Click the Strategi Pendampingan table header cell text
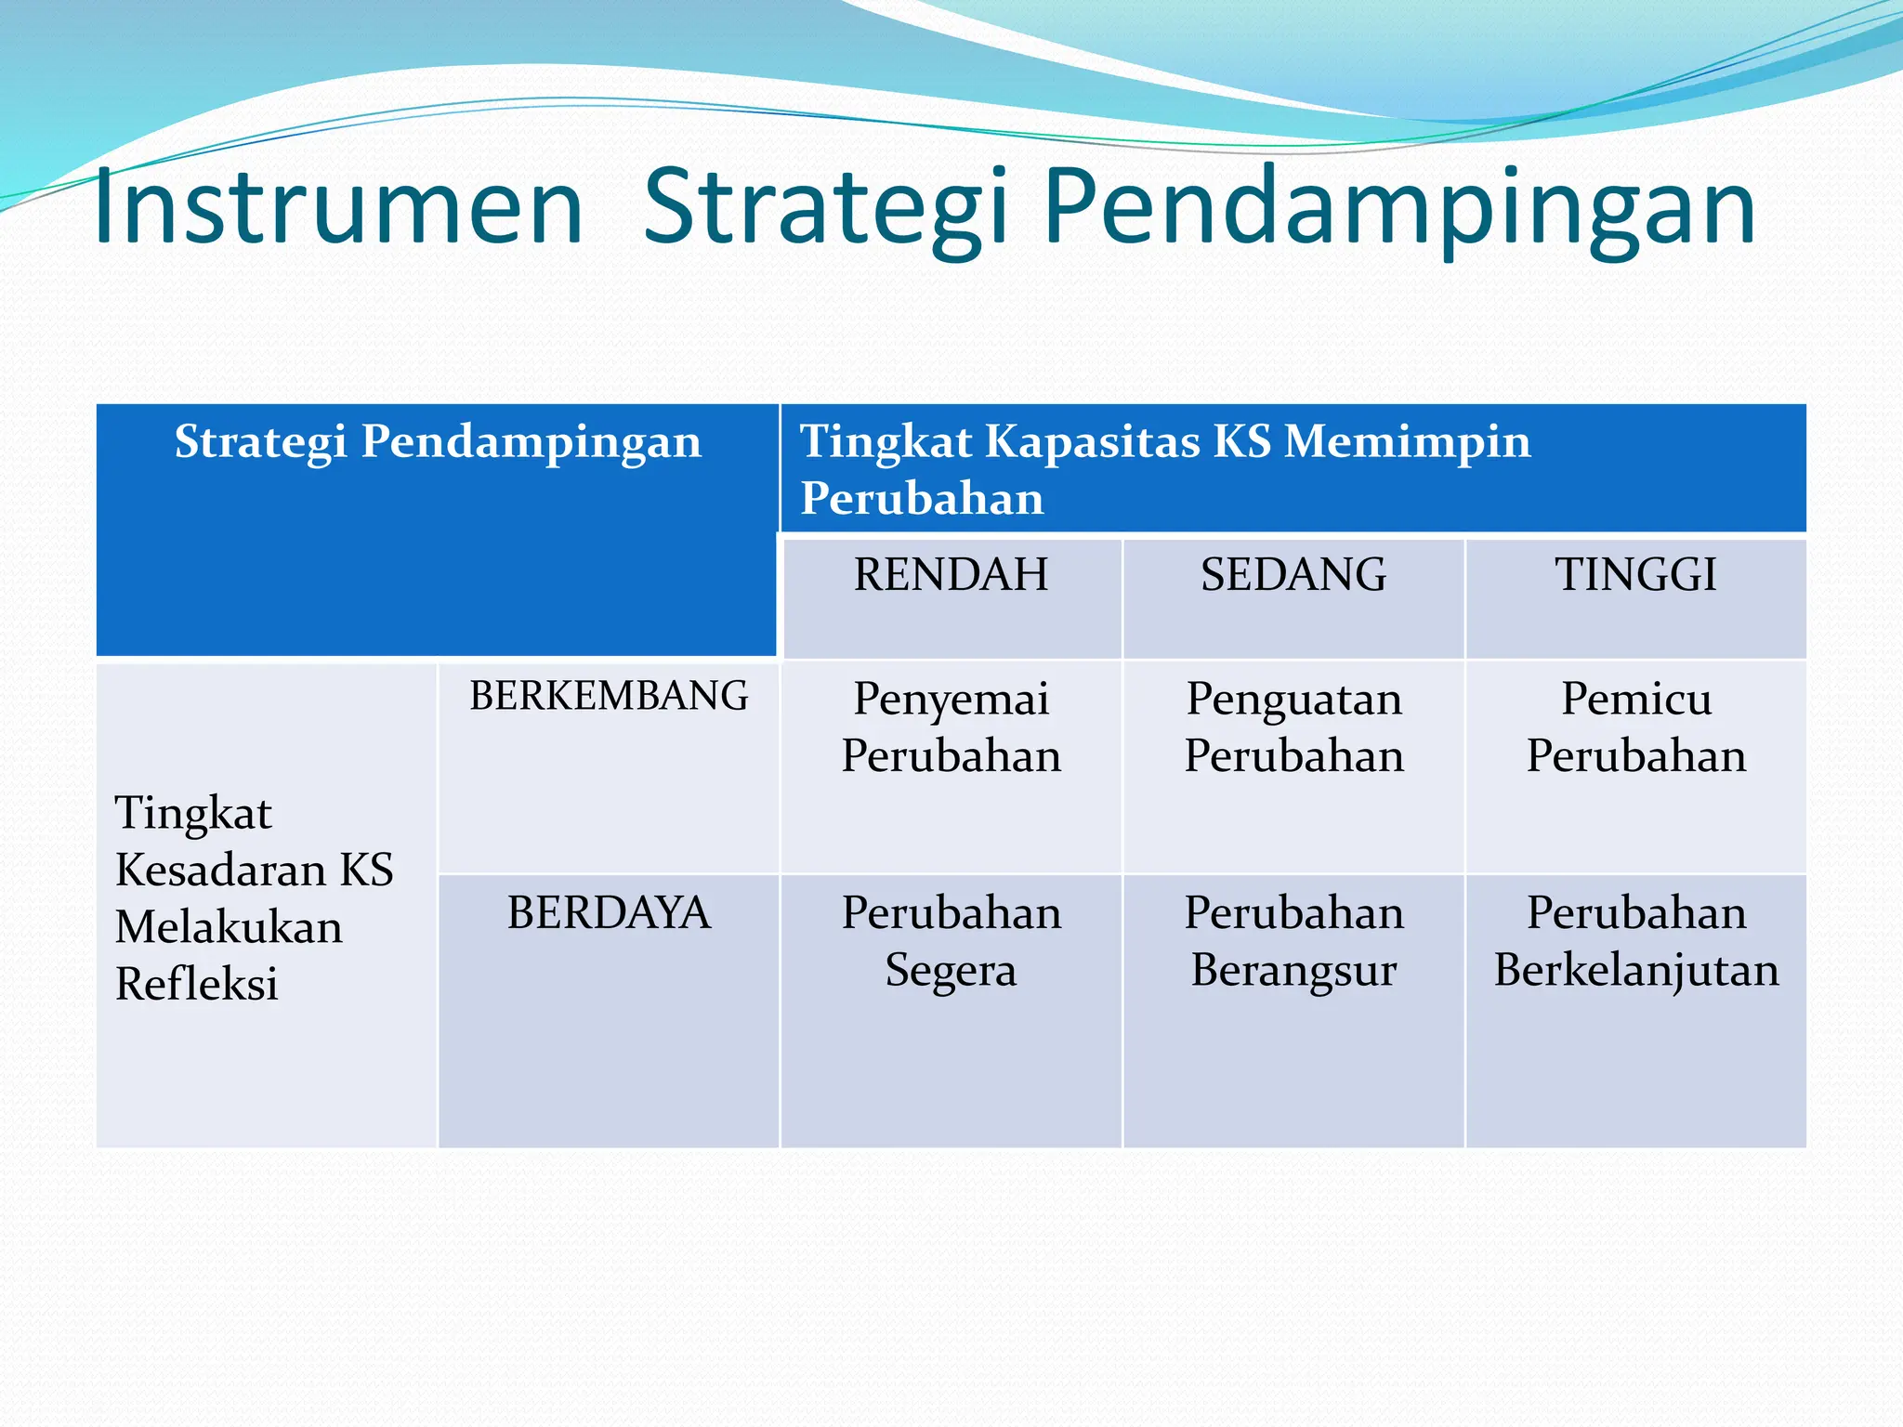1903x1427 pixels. pyautogui.click(x=438, y=441)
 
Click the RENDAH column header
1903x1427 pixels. pyautogui.click(x=951, y=575)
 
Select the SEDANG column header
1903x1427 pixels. pyautogui.click(x=1293, y=575)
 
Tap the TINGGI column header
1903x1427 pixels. pyautogui.click(x=1635, y=575)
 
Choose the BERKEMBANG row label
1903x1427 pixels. pyautogui.click(x=609, y=697)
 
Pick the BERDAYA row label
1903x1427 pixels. pyautogui.click(x=609, y=913)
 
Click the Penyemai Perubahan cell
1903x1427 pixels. pyautogui.click(x=951, y=727)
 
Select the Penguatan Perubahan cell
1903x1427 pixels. pyautogui.click(x=1293, y=727)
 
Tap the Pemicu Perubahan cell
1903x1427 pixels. pyautogui.click(x=1635, y=727)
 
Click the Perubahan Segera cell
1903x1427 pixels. pyautogui.click(x=951, y=941)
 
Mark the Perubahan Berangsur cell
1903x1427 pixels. pyautogui.click(x=1293, y=941)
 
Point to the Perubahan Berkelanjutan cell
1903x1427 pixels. pyautogui.click(x=1635, y=941)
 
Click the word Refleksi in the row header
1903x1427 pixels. pyautogui.click(x=197, y=985)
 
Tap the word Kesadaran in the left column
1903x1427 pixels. pyautogui.click(x=221, y=871)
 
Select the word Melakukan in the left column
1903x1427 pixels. pyautogui.click(x=229, y=928)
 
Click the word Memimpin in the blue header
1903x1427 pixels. pyautogui.click(x=1407, y=441)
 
